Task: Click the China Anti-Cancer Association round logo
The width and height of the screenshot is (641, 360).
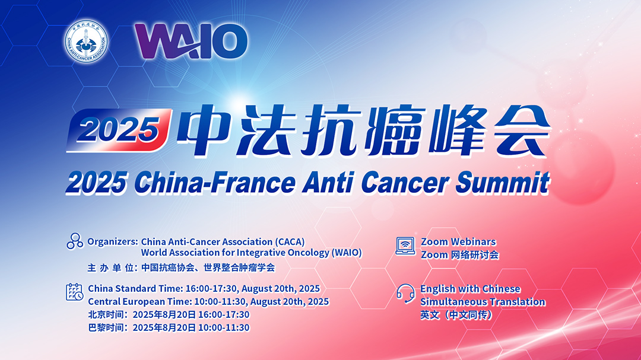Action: click(x=86, y=42)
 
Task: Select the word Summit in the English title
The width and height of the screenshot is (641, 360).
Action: click(x=503, y=182)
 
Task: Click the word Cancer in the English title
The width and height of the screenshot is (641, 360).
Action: click(x=405, y=183)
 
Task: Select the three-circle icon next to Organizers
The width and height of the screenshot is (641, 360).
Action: click(x=75, y=241)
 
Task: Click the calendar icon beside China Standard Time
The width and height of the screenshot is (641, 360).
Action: click(x=74, y=292)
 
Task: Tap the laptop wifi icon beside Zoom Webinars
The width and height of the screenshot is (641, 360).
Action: click(x=405, y=246)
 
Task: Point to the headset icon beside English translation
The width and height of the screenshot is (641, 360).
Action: click(x=405, y=294)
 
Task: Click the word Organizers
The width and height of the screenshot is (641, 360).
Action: click(x=112, y=242)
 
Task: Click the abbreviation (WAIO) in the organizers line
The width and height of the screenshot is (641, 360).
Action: click(x=347, y=253)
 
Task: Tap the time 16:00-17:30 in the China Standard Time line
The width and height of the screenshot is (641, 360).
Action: click(x=211, y=288)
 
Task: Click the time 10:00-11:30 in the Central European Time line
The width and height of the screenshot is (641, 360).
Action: click(x=220, y=301)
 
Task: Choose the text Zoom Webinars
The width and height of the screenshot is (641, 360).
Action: click(x=458, y=241)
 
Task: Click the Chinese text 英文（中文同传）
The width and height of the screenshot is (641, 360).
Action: click(x=456, y=315)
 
